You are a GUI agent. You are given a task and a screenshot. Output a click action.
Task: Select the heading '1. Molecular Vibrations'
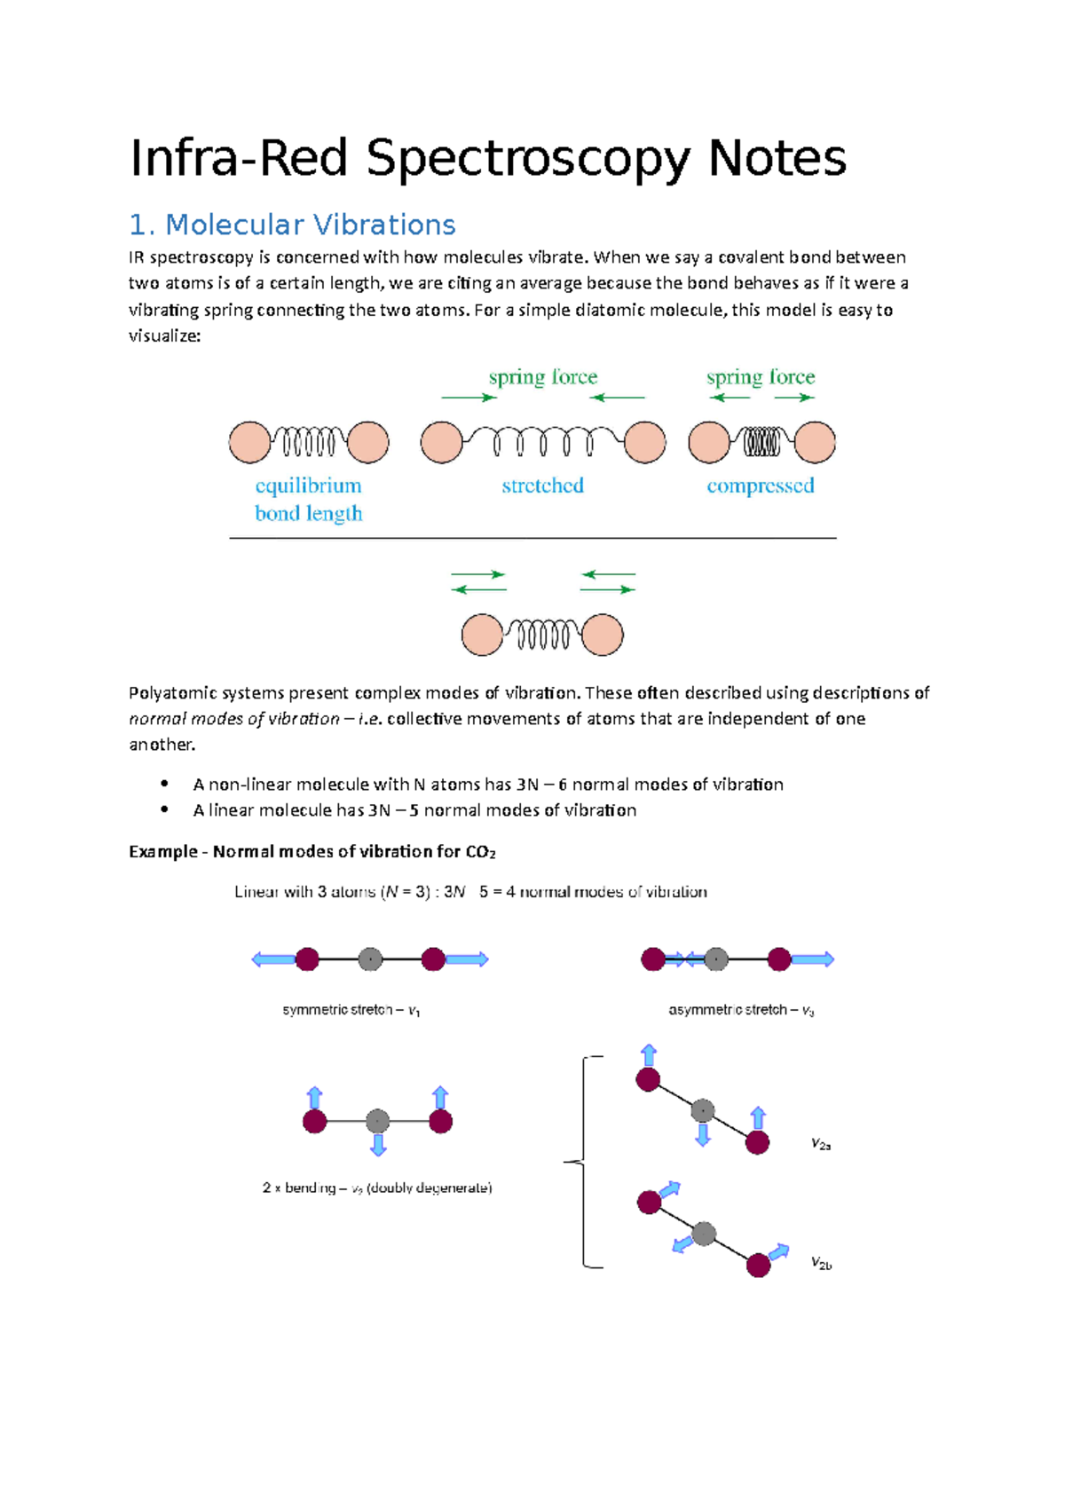pyautogui.click(x=292, y=225)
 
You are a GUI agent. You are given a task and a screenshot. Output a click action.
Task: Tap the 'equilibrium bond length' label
pyautogui.click(x=308, y=499)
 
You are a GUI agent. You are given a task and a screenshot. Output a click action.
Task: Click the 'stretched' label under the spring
pyautogui.click(x=542, y=485)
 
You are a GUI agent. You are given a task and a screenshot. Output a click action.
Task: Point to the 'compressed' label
pyautogui.click(x=761, y=485)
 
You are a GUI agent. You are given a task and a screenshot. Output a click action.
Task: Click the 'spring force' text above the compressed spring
pyautogui.click(x=761, y=377)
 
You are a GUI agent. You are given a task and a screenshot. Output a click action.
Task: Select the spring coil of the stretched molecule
pyautogui.click(x=543, y=440)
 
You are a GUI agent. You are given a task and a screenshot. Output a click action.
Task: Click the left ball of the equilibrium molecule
pyautogui.click(x=249, y=442)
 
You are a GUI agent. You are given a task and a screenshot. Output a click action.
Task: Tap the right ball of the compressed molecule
pyautogui.click(x=815, y=442)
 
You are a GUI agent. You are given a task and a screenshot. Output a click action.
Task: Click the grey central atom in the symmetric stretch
pyautogui.click(x=370, y=959)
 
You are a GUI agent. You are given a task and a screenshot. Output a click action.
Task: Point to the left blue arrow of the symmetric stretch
pyautogui.click(x=272, y=959)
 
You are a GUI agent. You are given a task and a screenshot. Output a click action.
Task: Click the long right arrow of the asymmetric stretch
pyautogui.click(x=812, y=959)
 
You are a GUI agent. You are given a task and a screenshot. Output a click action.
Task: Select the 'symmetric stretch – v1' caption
pyautogui.click(x=351, y=1010)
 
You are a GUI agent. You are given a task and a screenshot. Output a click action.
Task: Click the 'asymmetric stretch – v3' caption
pyautogui.click(x=741, y=1010)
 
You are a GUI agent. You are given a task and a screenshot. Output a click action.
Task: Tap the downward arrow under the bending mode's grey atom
pyautogui.click(x=378, y=1145)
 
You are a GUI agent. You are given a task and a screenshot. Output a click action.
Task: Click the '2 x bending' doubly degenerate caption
pyautogui.click(x=377, y=1187)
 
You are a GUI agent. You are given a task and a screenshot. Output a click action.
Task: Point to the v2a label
pyautogui.click(x=821, y=1145)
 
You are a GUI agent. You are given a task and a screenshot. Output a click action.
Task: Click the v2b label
pyautogui.click(x=821, y=1264)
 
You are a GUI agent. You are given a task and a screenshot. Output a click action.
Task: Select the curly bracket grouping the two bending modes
pyautogui.click(x=582, y=1162)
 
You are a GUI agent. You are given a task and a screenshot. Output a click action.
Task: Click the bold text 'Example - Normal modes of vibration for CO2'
pyautogui.click(x=312, y=852)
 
